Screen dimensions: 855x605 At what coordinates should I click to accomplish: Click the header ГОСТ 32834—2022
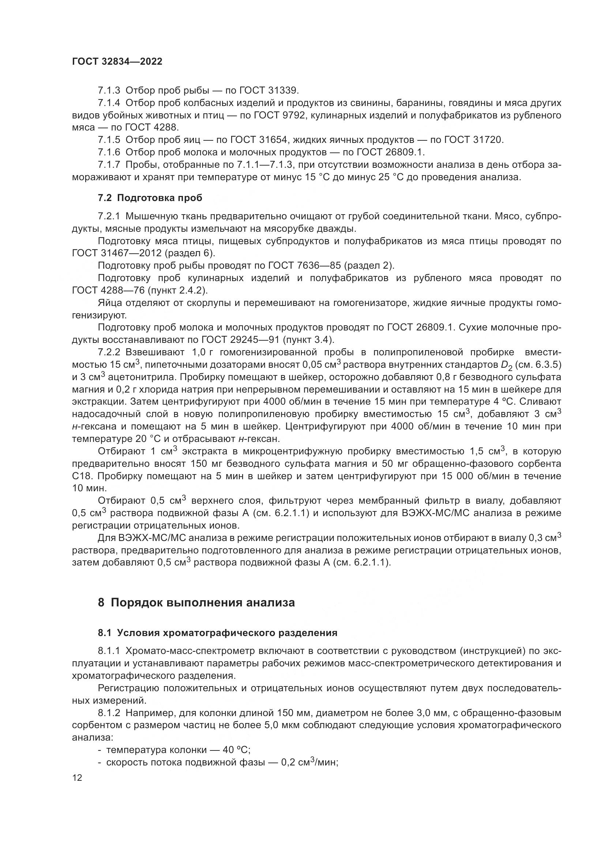coord(117,62)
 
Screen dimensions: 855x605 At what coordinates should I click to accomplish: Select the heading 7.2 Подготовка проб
coord(150,198)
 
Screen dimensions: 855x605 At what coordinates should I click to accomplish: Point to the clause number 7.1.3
coord(109,90)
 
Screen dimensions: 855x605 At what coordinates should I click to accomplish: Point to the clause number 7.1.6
coord(109,152)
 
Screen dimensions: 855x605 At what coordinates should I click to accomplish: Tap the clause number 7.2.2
coord(109,352)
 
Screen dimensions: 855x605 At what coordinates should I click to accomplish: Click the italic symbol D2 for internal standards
coord(507,365)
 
